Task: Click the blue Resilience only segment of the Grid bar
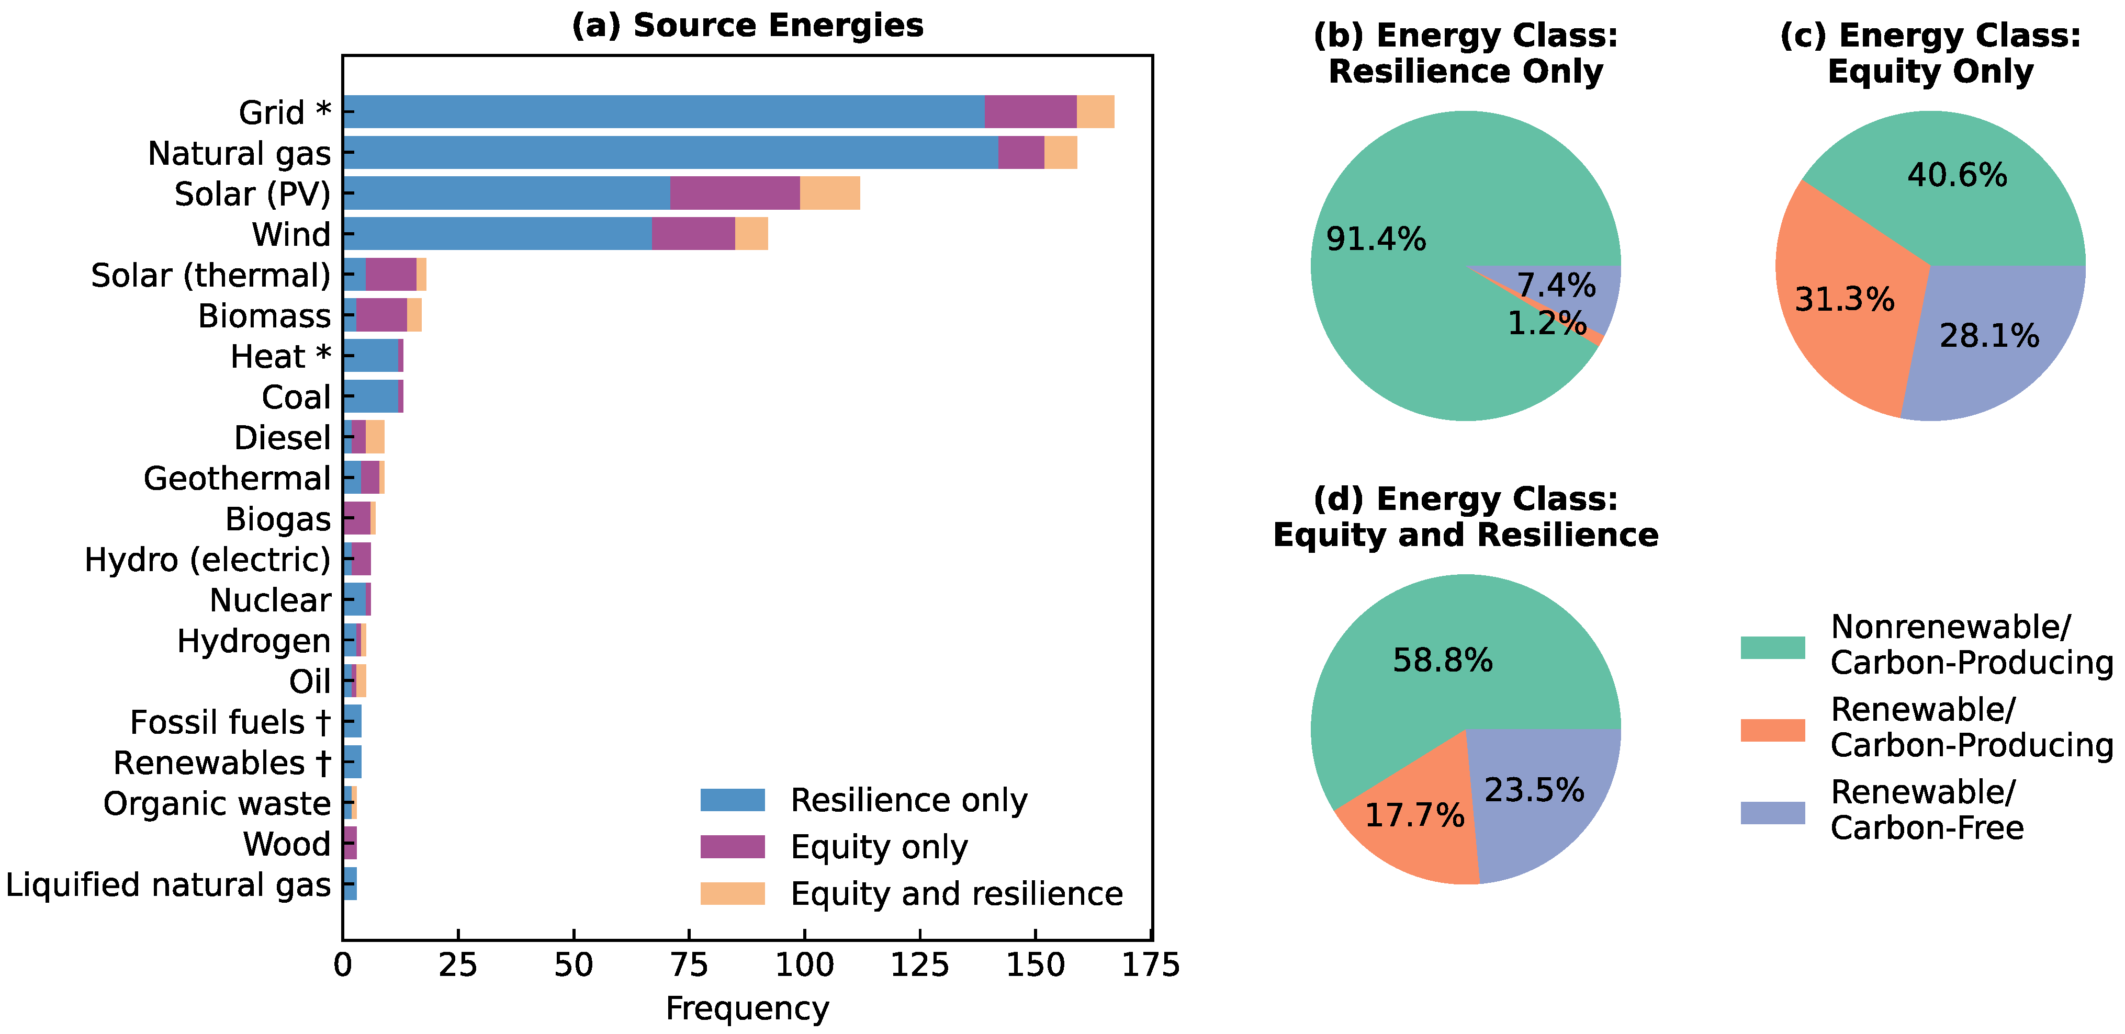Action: coord(660,111)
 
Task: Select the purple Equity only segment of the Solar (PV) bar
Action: coord(734,193)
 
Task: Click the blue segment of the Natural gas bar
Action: coord(668,153)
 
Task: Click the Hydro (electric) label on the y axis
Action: coord(207,560)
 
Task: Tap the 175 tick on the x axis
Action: coord(1150,965)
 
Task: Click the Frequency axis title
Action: coord(747,1008)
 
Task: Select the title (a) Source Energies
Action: coord(747,26)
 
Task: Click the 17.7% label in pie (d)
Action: coord(1414,815)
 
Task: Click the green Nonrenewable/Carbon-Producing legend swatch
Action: coord(1772,647)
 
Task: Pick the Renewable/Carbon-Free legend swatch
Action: coord(1772,812)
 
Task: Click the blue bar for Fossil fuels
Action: coord(352,721)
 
